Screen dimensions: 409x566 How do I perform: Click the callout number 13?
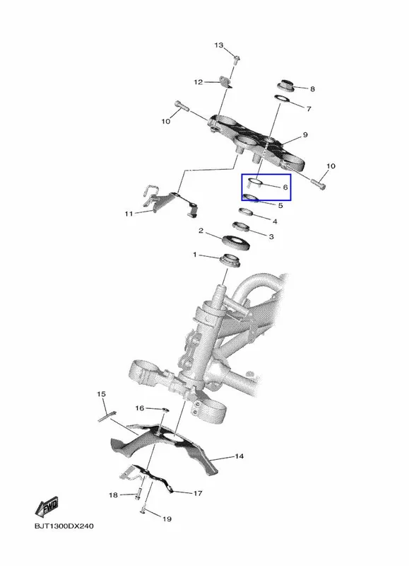[219, 45]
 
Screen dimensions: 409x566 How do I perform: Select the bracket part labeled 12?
[226, 82]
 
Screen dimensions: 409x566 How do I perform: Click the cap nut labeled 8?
[286, 86]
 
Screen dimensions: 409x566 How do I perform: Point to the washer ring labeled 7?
[283, 99]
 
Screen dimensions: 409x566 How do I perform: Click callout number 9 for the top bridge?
[305, 134]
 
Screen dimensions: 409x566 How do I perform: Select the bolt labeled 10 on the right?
[318, 184]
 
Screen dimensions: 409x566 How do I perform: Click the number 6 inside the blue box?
[285, 187]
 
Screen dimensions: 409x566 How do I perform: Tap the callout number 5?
[280, 205]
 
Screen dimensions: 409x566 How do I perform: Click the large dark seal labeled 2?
[237, 241]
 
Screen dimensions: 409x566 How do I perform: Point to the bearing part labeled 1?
[230, 260]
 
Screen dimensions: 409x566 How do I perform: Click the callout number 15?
[101, 394]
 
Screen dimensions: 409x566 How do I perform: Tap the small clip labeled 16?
[164, 410]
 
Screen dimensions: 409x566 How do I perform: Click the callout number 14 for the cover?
[239, 456]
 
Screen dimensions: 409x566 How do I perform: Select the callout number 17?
[198, 493]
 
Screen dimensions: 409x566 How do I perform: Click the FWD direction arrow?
[47, 507]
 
